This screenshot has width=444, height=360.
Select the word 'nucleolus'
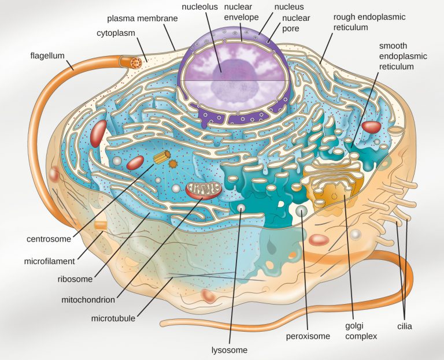(199, 8)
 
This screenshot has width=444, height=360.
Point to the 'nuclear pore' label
(296, 24)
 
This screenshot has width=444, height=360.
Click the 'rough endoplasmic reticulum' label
(369, 22)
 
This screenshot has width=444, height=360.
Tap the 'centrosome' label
(49, 238)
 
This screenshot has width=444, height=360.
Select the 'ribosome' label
(75, 279)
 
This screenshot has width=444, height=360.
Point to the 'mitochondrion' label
(88, 300)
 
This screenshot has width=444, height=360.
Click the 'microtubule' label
(114, 318)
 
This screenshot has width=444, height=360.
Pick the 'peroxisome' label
(308, 336)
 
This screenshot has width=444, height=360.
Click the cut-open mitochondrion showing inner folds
(203, 189)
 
